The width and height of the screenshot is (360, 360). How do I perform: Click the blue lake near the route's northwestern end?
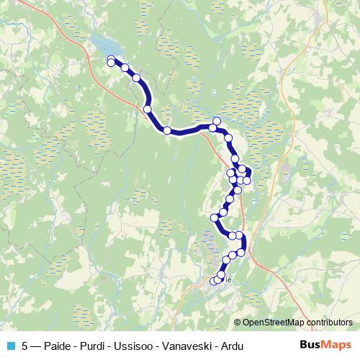(101, 49)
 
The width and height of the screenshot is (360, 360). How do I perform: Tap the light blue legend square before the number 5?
(11, 346)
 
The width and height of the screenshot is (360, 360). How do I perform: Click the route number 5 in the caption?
(25, 346)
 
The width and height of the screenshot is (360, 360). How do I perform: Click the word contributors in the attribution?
(330, 323)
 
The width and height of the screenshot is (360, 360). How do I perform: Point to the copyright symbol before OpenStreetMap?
(238, 323)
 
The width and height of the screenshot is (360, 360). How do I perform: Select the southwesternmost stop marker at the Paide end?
(213, 281)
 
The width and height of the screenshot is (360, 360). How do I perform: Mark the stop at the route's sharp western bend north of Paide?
(214, 217)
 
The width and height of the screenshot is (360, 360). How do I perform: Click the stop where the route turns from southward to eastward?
(167, 130)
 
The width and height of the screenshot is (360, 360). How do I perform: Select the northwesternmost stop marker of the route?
(111, 60)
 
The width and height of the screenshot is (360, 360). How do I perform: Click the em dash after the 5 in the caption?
(35, 346)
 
